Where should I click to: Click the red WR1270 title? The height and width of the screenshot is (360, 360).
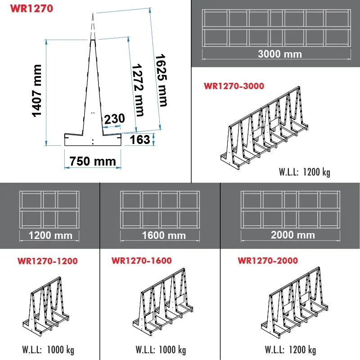click(x=31, y=8)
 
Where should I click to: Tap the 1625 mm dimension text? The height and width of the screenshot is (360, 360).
click(x=161, y=80)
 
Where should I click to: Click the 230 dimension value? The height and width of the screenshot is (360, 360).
click(x=114, y=119)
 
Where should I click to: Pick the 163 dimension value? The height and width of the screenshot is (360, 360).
click(x=139, y=139)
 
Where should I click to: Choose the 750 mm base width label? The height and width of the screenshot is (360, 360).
click(x=92, y=161)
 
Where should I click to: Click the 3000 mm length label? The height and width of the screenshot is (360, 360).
click(x=279, y=54)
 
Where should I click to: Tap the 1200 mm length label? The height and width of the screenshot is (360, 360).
click(x=50, y=235)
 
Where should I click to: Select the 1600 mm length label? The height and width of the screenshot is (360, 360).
click(x=163, y=235)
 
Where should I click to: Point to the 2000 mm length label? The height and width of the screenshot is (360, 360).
click(x=292, y=235)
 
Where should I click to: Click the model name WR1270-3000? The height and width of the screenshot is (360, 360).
click(x=234, y=86)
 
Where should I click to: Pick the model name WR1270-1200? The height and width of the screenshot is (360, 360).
click(x=47, y=261)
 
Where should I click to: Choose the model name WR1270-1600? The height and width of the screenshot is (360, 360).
click(x=141, y=261)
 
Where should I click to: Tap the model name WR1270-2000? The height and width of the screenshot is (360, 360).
click(x=268, y=261)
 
